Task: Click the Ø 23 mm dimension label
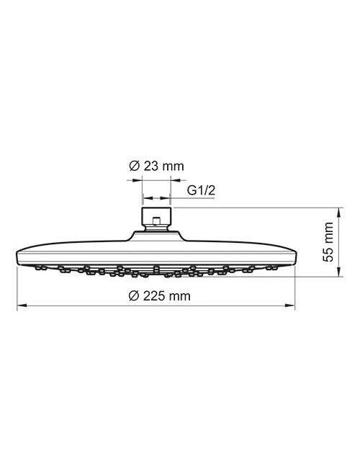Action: coord(156,166)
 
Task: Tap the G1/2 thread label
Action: coord(201,190)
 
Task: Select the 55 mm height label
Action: coord(328,242)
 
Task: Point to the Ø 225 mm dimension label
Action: coord(159,296)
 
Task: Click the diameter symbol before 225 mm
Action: coord(133,296)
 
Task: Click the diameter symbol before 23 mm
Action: coord(134,166)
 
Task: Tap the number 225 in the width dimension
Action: coord(154,296)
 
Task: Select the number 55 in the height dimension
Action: coord(328,255)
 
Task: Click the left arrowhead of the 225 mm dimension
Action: coord(22,306)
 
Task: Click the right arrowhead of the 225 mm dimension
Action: coord(289,306)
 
